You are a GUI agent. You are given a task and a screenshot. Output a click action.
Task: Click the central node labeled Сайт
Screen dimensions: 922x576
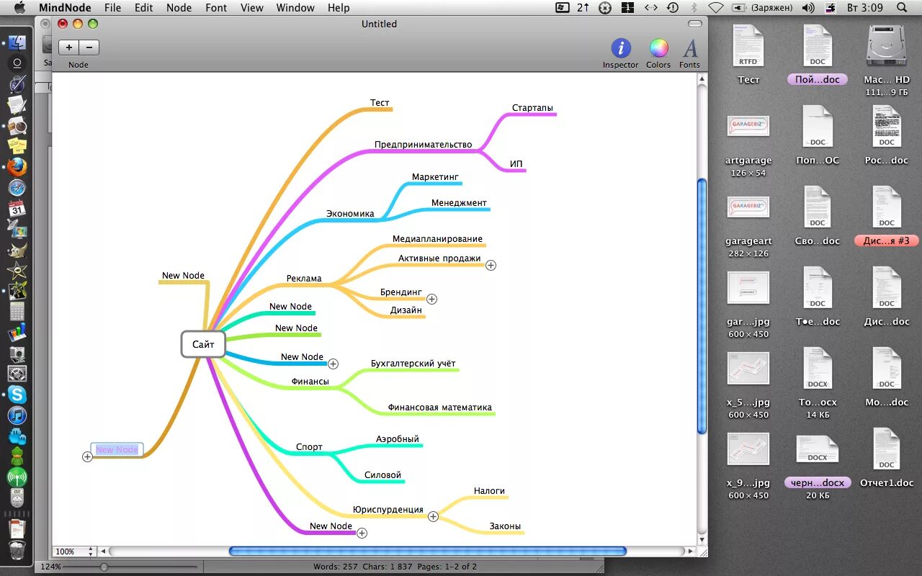203,344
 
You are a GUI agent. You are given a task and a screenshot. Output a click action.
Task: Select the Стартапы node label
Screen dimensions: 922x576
532,108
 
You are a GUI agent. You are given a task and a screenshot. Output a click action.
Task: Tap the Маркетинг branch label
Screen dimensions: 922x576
435,177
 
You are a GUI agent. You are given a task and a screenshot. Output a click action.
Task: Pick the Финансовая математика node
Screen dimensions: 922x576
439,408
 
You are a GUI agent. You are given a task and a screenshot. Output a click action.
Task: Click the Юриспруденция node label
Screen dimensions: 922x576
388,510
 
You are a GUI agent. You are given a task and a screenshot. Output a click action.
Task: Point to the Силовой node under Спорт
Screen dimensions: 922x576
382,475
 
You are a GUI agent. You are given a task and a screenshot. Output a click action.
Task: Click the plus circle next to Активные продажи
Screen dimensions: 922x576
491,265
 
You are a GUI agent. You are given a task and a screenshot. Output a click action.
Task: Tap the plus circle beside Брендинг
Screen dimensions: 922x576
431,299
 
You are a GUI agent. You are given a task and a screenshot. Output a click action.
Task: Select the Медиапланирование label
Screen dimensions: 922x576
437,239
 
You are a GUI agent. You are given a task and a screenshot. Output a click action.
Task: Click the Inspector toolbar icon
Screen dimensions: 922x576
620,49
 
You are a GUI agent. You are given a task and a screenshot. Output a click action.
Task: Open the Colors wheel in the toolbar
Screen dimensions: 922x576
658,49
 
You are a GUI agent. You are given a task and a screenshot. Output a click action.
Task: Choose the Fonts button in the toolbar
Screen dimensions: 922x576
690,49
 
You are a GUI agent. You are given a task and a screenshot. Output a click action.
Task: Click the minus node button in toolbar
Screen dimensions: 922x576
89,48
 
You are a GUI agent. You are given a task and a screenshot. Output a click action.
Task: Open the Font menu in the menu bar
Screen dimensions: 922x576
216,8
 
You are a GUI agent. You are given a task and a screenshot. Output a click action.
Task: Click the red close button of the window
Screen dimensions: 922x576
63,24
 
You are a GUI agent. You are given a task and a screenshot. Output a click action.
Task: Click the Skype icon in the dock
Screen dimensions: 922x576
17,395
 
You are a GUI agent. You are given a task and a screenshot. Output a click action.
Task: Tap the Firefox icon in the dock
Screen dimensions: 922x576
17,167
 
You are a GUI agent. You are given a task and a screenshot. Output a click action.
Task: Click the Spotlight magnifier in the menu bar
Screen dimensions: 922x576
902,8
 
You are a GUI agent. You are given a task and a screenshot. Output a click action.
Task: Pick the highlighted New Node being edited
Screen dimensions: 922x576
117,450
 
